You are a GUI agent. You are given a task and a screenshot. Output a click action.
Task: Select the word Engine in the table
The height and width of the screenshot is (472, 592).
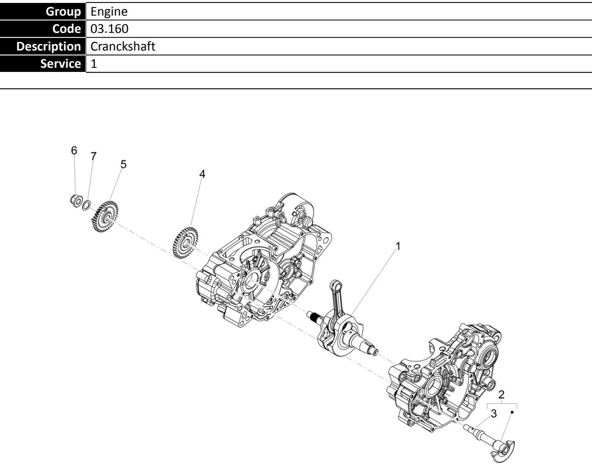tap(109, 12)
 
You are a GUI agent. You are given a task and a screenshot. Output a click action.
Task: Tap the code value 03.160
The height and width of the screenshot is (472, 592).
tap(109, 29)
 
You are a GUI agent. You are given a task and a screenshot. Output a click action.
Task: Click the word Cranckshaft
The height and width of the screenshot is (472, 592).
tap(123, 46)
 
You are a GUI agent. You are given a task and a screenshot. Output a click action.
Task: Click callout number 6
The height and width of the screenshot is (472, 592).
tap(74, 150)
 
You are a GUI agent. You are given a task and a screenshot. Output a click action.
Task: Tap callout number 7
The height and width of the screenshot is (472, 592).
tap(94, 156)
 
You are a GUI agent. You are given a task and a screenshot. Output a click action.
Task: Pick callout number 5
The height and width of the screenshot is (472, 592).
tap(123, 164)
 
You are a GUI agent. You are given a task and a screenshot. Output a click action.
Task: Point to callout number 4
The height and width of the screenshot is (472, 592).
tap(202, 174)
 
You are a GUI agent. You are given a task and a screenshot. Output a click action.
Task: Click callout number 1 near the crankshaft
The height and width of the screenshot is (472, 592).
tap(398, 246)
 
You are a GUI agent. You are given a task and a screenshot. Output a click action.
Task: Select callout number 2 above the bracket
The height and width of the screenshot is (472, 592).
tap(501, 395)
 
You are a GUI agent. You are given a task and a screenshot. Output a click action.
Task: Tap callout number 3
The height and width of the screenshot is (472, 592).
tap(494, 414)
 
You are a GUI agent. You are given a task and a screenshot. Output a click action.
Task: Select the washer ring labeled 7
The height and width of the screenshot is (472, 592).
tap(86, 205)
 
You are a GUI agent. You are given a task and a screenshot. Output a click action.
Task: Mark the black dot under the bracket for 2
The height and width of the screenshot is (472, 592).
tap(512, 412)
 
